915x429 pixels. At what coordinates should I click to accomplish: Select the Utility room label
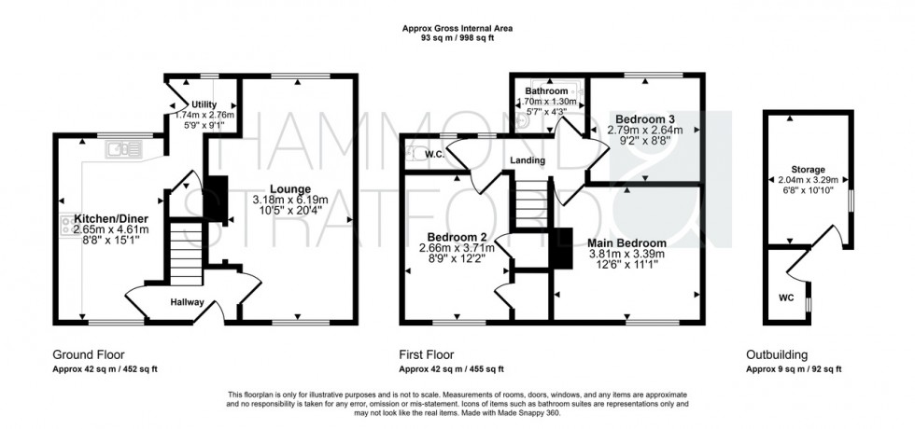(204, 104)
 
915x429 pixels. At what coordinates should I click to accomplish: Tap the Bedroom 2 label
(454, 236)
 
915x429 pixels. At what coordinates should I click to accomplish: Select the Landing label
(528, 159)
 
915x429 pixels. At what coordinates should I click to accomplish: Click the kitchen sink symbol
(124, 147)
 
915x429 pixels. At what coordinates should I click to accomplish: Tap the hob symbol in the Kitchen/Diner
(69, 224)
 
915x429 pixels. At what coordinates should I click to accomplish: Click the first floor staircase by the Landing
(530, 200)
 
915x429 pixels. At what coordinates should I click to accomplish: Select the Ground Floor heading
(89, 355)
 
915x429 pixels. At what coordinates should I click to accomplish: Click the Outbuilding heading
(778, 355)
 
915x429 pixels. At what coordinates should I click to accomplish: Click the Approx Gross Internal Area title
(457, 29)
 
